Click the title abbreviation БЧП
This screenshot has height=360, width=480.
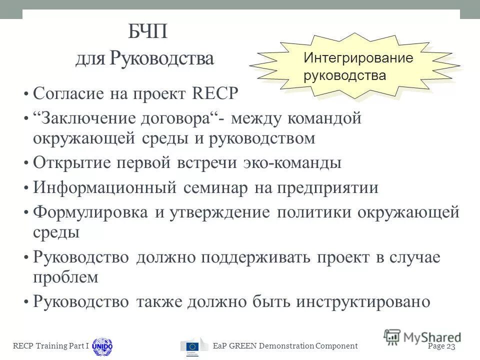click(x=147, y=34)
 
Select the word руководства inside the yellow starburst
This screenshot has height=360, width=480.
click(x=344, y=75)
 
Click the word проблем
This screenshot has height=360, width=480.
click(x=65, y=277)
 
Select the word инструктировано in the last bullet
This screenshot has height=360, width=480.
click(x=363, y=302)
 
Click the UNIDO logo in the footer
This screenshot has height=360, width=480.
click(x=102, y=346)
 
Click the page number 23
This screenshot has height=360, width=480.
click(x=451, y=346)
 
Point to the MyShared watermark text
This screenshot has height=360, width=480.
click(x=431, y=337)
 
